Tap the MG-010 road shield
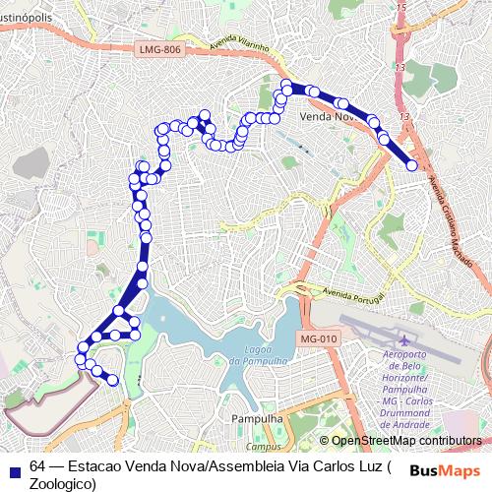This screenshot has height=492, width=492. (x=314, y=338)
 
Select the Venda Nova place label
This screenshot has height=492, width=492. (x=327, y=116)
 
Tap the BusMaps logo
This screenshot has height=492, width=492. (x=450, y=468)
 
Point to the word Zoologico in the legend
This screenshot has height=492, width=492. (x=61, y=483)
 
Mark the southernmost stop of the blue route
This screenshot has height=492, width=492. (x=112, y=380)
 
